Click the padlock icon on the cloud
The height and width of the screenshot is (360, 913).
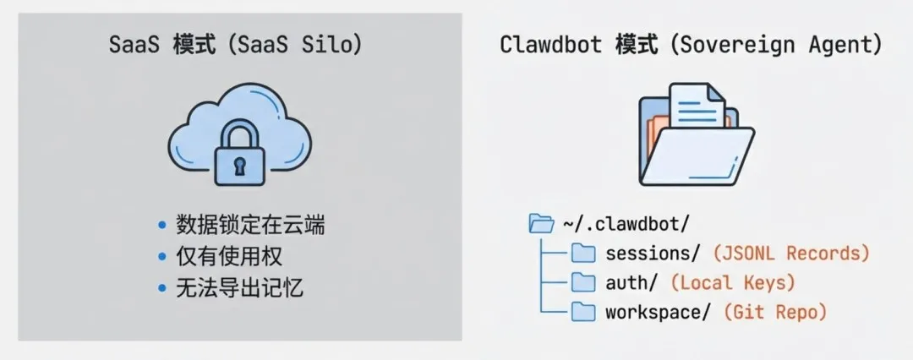[x=240, y=153]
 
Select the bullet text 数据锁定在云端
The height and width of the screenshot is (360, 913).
[x=251, y=226]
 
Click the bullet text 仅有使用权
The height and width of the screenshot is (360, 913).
[x=229, y=257]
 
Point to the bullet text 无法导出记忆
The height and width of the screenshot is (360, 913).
[x=240, y=288]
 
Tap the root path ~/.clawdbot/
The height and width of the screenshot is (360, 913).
[x=626, y=224]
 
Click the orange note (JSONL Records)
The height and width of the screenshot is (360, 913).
[x=791, y=253]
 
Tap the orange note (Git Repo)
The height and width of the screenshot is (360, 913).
[x=774, y=312]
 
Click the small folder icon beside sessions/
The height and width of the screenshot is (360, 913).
[x=583, y=253]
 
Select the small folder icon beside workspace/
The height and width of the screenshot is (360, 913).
[x=583, y=312]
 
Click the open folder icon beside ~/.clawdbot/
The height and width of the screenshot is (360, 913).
[x=541, y=224]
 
